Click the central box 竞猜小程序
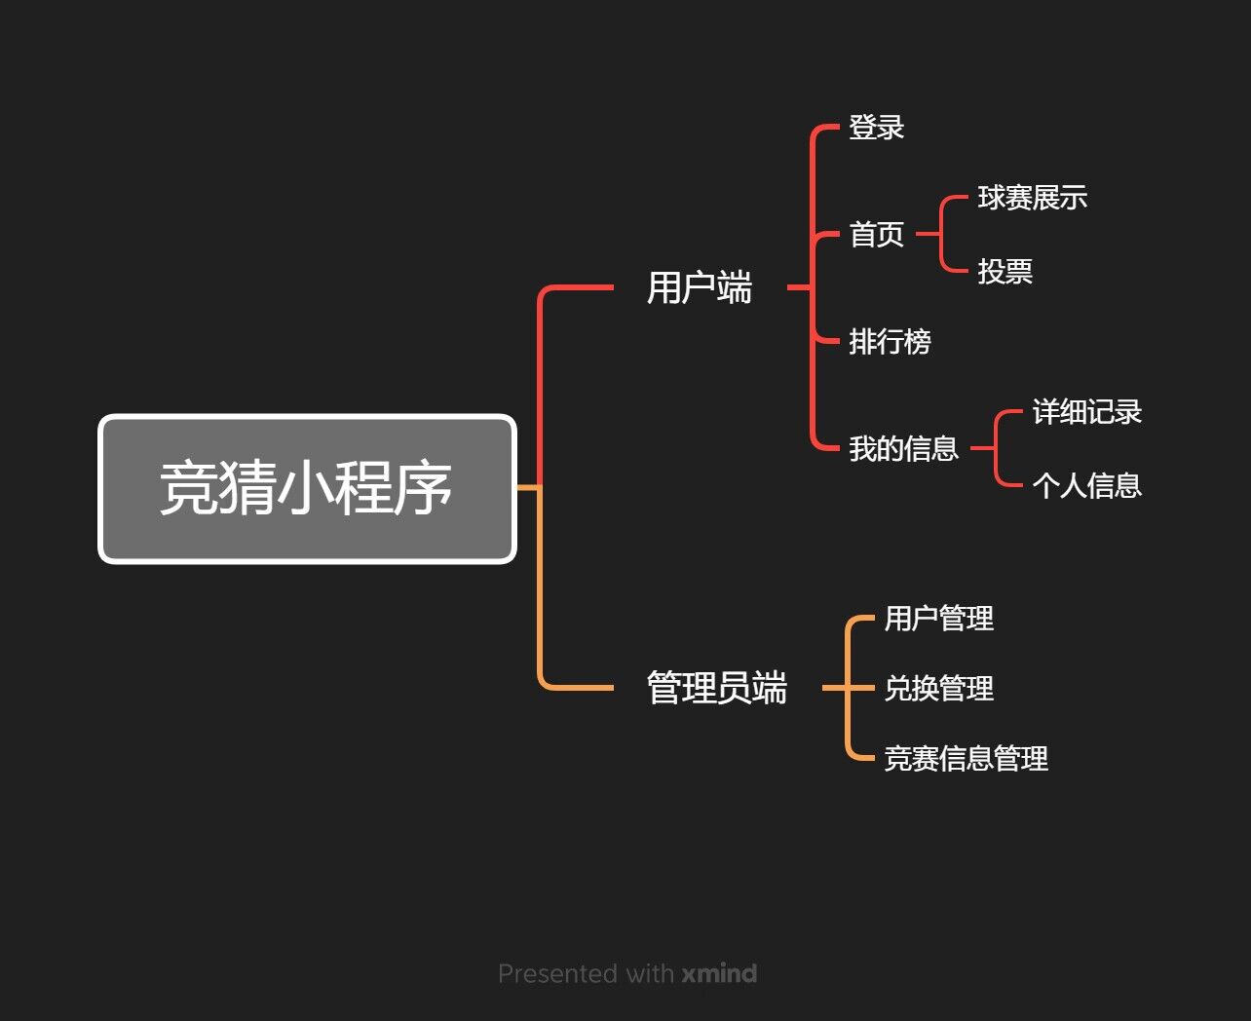point(307,489)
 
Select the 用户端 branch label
point(700,288)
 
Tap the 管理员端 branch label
point(717,688)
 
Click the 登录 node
point(876,128)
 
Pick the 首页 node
point(876,235)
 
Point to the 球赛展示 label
point(1032,198)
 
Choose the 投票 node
point(1005,271)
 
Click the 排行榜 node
point(890,342)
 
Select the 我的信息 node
point(903,449)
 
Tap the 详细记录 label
point(1086,412)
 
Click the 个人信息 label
point(1086,485)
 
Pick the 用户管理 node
point(938,619)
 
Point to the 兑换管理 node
point(938,689)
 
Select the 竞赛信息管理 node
point(966,759)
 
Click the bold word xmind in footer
point(719,973)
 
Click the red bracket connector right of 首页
point(941,234)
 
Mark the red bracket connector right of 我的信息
point(996,448)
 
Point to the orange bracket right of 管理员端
point(848,688)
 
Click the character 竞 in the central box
point(188,488)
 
